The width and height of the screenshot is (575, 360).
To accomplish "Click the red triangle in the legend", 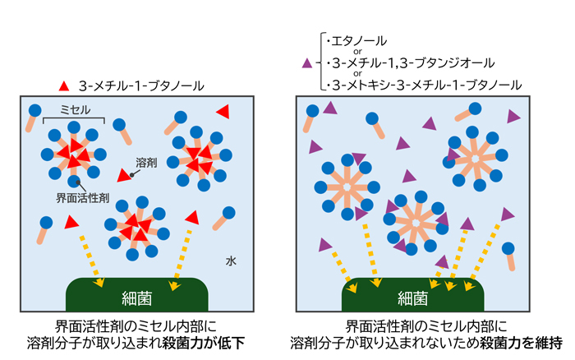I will [63, 85].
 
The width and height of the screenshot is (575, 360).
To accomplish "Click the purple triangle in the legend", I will [307, 62].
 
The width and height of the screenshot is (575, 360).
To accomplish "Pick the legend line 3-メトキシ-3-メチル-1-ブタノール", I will [425, 84].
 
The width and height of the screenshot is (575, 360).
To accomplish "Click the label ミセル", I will [75, 109].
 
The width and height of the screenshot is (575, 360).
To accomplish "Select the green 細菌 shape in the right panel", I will [412, 296].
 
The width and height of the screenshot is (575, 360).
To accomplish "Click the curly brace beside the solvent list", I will [320, 62].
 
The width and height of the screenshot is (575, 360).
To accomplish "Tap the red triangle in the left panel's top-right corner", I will [222, 111].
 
